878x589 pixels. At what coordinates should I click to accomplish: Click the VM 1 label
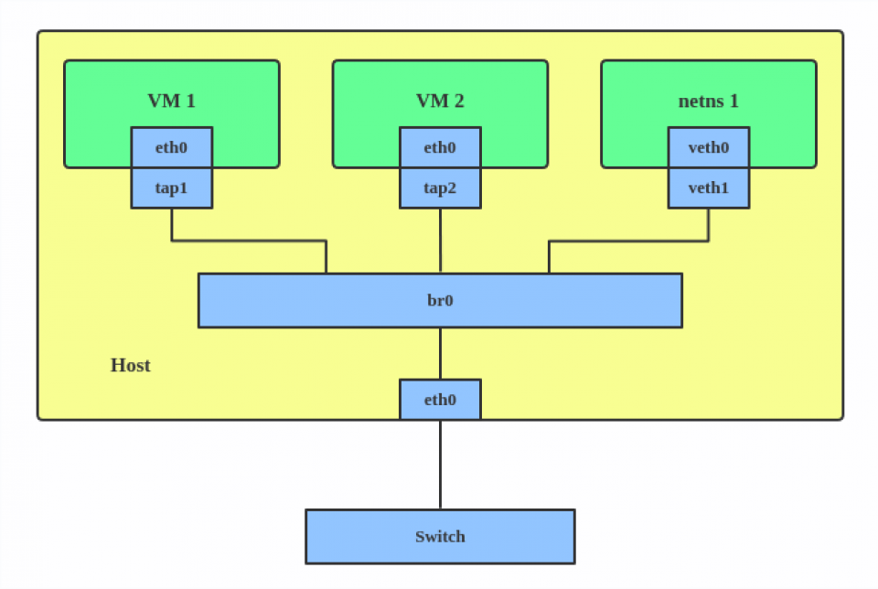tap(171, 101)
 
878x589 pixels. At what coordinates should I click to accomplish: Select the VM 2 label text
tap(440, 101)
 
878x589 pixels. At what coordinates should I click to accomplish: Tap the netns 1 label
tap(708, 101)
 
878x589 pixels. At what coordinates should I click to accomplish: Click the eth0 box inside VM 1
tap(171, 147)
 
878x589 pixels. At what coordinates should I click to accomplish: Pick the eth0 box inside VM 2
tap(440, 147)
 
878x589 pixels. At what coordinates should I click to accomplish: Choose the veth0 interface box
tap(709, 147)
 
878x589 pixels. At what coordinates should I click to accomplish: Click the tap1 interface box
tap(171, 187)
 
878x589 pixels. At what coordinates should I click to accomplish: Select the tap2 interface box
tap(440, 187)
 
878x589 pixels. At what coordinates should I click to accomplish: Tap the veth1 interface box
tap(709, 187)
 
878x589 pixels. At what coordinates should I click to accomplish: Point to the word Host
tap(130, 366)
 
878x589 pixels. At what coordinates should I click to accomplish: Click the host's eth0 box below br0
tap(440, 400)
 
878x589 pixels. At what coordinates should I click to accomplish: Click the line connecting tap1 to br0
tap(247, 241)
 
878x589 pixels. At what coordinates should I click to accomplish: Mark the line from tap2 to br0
tap(440, 240)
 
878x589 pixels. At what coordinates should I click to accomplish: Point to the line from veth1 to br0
tap(631, 241)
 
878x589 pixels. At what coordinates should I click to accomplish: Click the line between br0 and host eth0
tap(440, 353)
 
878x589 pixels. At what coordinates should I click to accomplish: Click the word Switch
tap(440, 537)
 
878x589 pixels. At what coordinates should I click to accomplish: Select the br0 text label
tap(440, 300)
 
